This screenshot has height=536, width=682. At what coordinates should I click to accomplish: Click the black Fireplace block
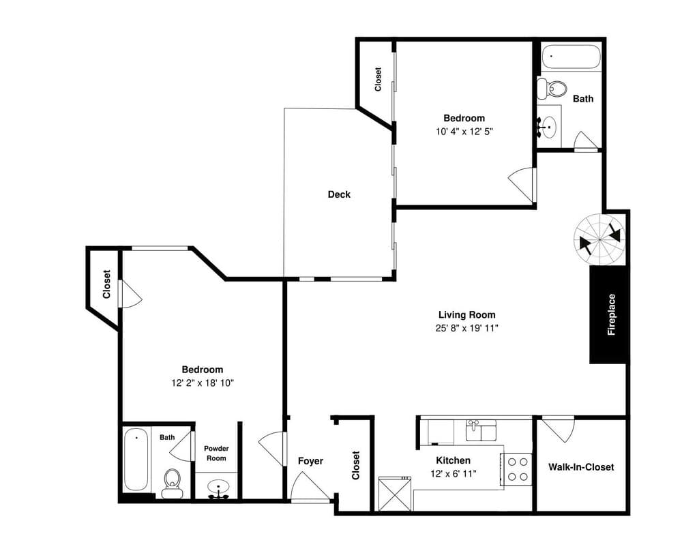point(608,314)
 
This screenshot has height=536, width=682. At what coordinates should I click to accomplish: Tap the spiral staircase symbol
point(599,239)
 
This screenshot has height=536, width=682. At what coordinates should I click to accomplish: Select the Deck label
point(339,194)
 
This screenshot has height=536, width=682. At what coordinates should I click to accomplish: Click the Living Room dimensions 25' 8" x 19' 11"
point(466,328)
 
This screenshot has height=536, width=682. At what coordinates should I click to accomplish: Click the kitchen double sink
point(481,430)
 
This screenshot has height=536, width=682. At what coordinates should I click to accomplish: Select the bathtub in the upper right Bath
point(571,57)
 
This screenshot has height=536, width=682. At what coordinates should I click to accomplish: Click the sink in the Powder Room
point(218,488)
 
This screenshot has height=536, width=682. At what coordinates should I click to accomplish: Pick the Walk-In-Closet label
point(581,467)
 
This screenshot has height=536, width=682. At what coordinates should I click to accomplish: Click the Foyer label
point(310,461)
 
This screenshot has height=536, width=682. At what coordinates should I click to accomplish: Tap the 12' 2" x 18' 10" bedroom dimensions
point(203,383)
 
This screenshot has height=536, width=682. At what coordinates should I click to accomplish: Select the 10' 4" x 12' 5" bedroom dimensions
point(464,132)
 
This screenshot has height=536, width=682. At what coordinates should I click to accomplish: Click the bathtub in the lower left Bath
point(136,459)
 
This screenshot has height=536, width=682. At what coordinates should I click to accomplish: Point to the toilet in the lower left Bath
point(173,483)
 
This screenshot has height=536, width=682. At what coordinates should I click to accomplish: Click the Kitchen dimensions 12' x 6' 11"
point(454,473)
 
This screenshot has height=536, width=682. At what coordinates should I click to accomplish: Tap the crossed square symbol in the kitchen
point(395,494)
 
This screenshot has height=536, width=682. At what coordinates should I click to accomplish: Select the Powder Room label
point(216,453)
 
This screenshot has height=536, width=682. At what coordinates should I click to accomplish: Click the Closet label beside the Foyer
point(356,465)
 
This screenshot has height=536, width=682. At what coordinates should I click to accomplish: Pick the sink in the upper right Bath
point(548,127)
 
